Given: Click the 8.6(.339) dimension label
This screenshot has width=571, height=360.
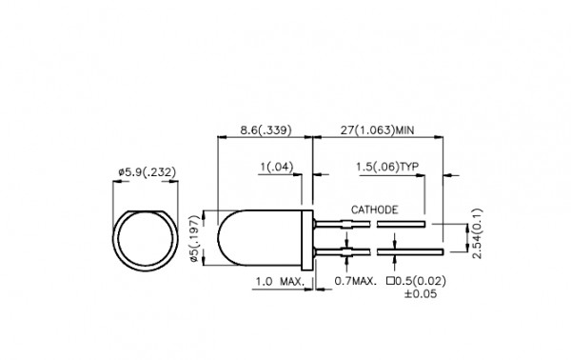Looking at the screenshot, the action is (x=266, y=130).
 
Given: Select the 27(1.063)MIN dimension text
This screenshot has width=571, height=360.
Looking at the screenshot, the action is (x=377, y=130).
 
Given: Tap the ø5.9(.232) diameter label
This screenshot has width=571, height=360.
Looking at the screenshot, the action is (x=148, y=171).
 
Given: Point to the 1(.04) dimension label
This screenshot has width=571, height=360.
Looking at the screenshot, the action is (x=277, y=167).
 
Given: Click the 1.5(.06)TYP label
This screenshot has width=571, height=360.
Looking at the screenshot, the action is (x=387, y=167).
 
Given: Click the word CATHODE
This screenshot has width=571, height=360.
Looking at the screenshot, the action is (x=374, y=210).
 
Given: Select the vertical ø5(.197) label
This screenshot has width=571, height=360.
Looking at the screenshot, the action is (x=195, y=239).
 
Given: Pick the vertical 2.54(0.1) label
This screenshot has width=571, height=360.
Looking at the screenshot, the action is (x=477, y=233).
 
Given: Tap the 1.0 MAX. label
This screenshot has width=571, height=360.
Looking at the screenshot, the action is (x=280, y=282).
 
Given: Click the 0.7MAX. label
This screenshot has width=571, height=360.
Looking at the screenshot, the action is (x=355, y=281).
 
